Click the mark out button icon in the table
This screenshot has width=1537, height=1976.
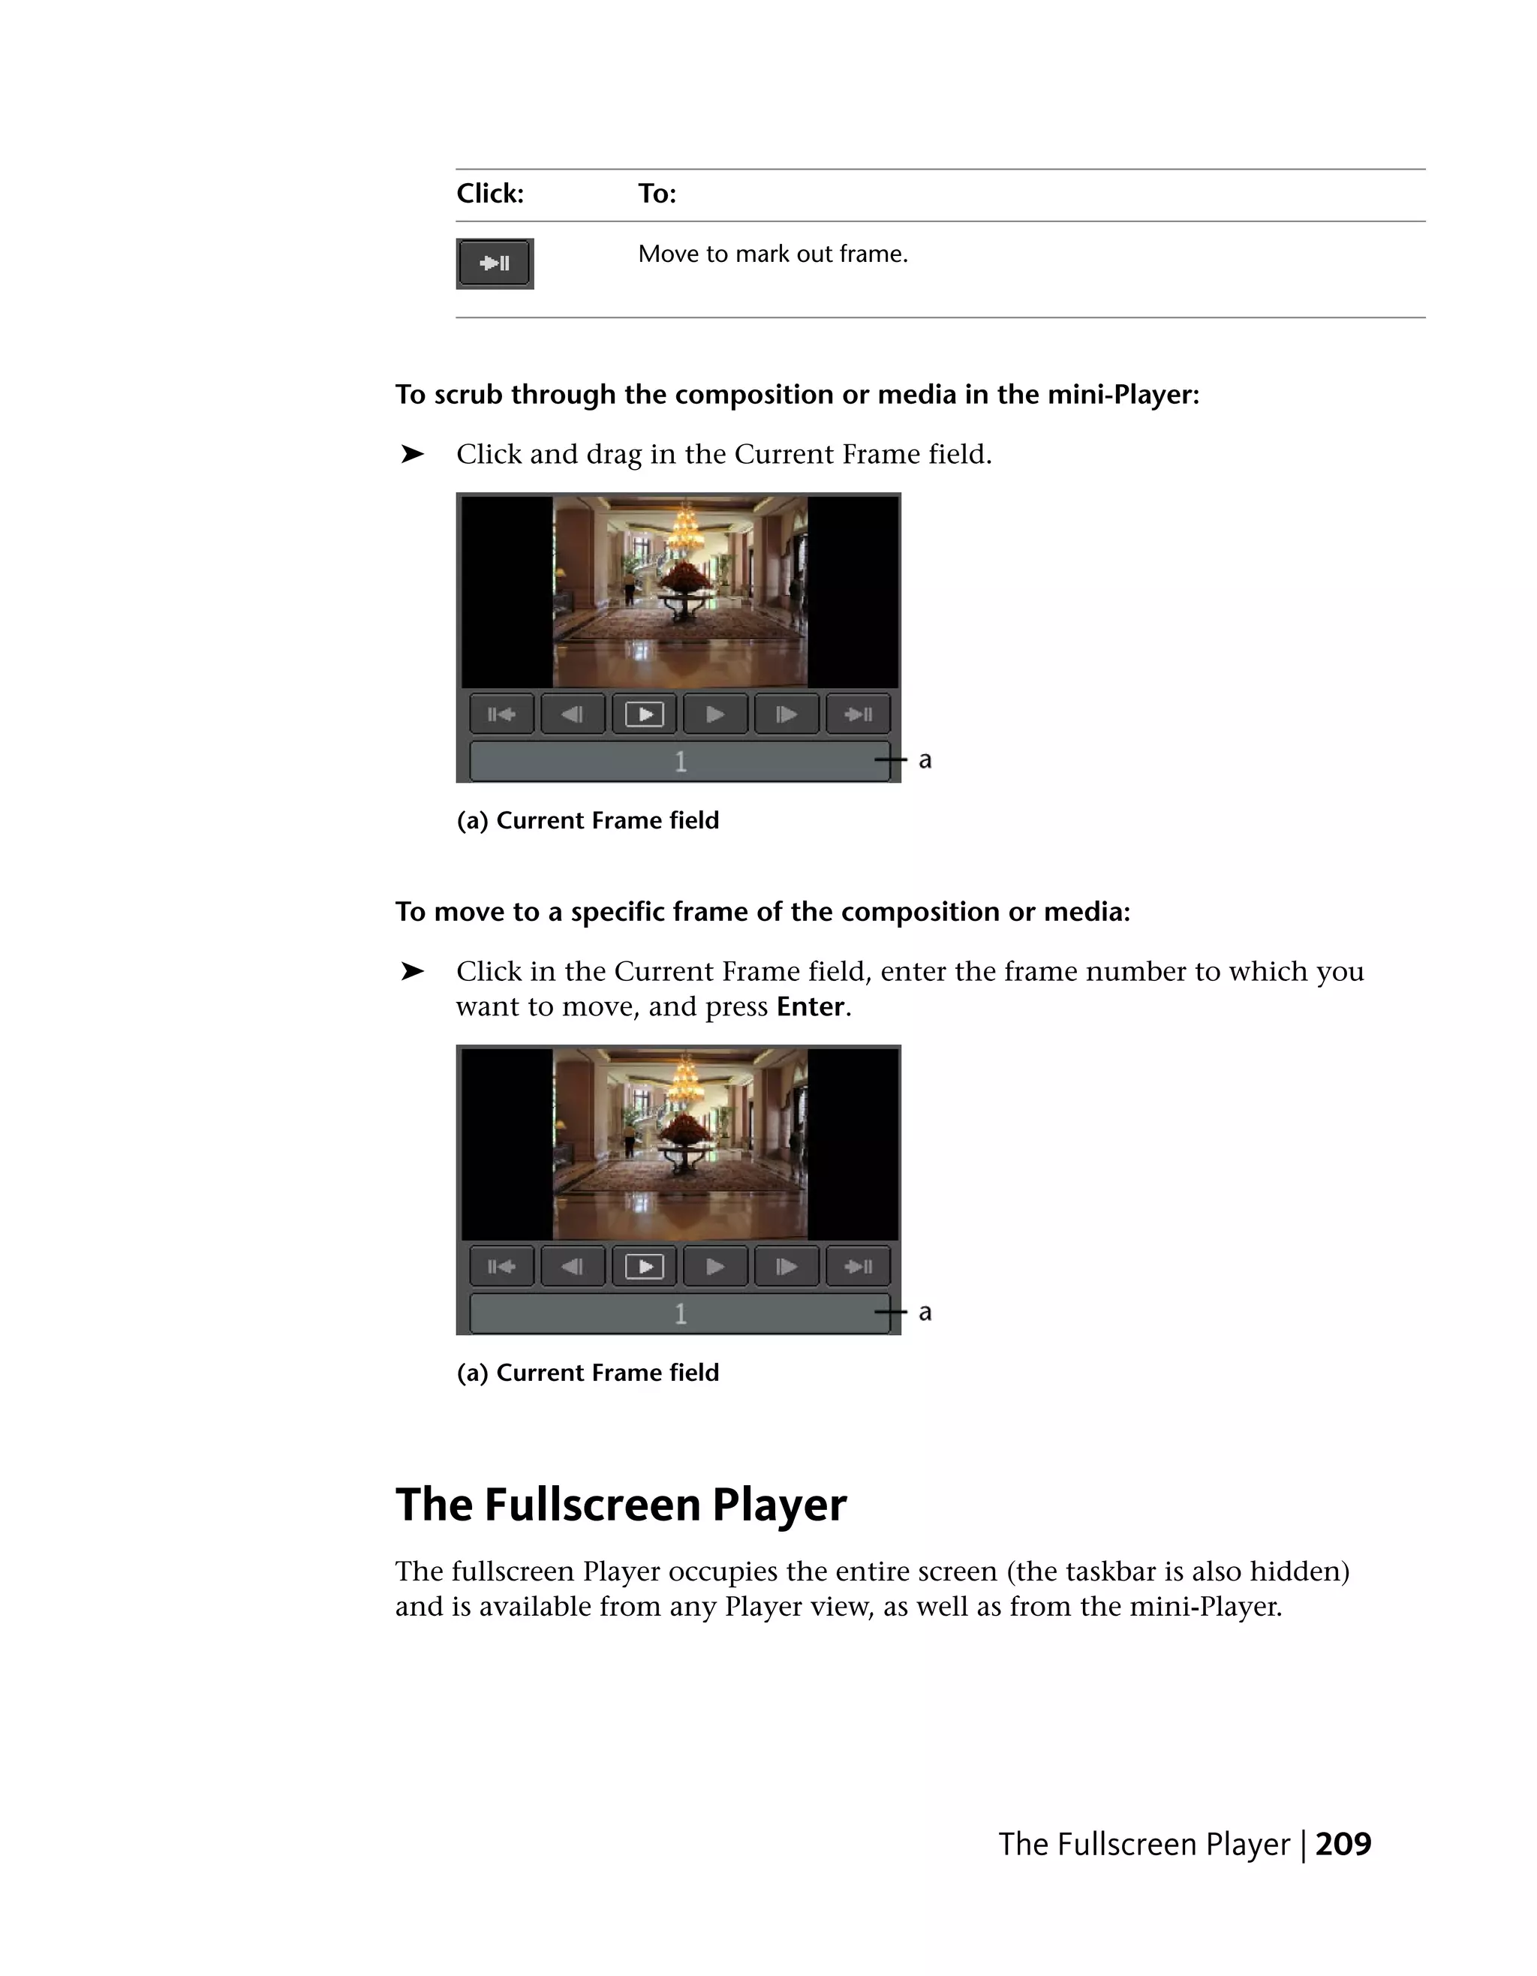[x=494, y=263]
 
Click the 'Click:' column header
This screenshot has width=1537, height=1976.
[x=489, y=194]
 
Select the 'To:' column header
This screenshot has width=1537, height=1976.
[x=657, y=194]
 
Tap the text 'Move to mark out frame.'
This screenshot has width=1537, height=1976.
[x=772, y=254]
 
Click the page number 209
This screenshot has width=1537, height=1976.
[x=1343, y=1843]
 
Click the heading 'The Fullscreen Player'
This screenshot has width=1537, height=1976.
[x=621, y=1504]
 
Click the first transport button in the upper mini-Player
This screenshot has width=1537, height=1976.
[x=501, y=714]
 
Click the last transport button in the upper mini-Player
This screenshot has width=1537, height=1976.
[x=858, y=714]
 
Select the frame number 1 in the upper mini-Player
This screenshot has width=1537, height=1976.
[x=680, y=762]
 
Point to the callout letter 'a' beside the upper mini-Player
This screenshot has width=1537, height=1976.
[x=925, y=760]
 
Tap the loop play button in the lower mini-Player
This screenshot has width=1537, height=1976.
[x=644, y=1266]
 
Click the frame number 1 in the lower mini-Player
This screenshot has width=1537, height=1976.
[x=680, y=1314]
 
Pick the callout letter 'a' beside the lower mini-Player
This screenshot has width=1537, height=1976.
[x=925, y=1312]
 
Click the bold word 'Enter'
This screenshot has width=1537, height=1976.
[x=810, y=1006]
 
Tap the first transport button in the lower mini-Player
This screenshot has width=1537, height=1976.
[x=501, y=1266]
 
